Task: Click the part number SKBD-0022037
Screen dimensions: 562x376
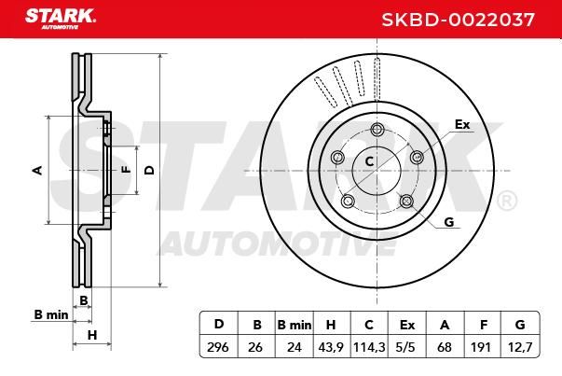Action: click(458, 20)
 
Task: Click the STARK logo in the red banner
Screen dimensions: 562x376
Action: click(61, 19)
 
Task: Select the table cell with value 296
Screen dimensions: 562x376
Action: click(218, 347)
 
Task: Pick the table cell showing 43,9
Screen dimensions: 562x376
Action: click(331, 347)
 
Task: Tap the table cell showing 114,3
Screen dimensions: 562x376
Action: click(369, 347)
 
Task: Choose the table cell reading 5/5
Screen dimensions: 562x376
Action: click(406, 347)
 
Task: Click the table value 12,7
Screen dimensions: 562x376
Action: click(520, 347)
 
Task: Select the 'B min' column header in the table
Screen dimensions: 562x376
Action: click(295, 325)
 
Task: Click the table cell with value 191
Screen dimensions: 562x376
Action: click(482, 347)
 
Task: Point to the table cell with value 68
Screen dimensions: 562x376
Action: click(445, 347)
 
